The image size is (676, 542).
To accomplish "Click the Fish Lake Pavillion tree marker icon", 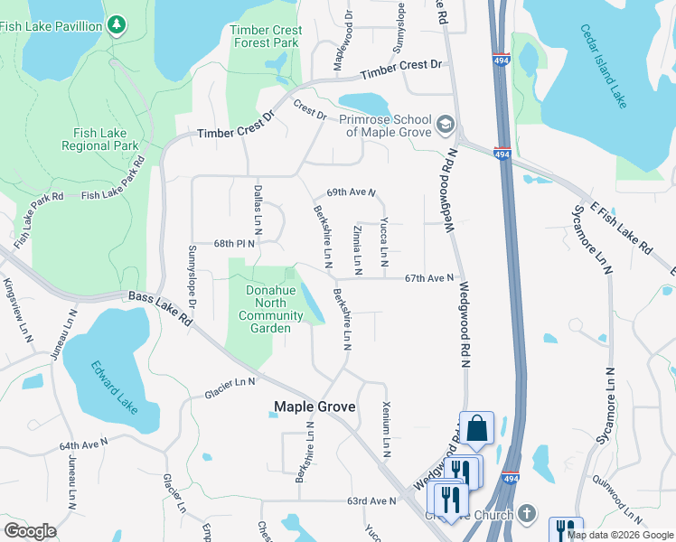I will pyautogui.click(x=117, y=25).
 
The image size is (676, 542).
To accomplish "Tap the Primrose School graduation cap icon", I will pyautogui.click(x=446, y=123).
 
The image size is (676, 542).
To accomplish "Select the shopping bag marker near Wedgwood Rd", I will pyautogui.click(x=476, y=427).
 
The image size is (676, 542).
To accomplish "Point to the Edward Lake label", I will pyautogui.click(x=115, y=387).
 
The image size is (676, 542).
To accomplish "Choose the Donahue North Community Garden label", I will pyautogui.click(x=270, y=309).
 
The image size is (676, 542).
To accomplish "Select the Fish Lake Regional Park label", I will pyautogui.click(x=99, y=139).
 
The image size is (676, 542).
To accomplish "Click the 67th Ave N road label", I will pyautogui.click(x=428, y=278).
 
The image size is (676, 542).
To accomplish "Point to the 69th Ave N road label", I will pyautogui.click(x=350, y=192).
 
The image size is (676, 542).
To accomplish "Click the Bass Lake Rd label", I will pyautogui.click(x=161, y=308).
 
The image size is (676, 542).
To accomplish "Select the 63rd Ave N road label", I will pyautogui.click(x=371, y=500).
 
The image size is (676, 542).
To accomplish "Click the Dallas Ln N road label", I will pyautogui.click(x=258, y=211).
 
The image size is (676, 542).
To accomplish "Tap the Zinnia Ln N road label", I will pyautogui.click(x=358, y=250).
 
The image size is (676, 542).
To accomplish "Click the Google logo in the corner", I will pyautogui.click(x=30, y=531).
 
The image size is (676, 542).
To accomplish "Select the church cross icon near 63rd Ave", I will pyautogui.click(x=529, y=514).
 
